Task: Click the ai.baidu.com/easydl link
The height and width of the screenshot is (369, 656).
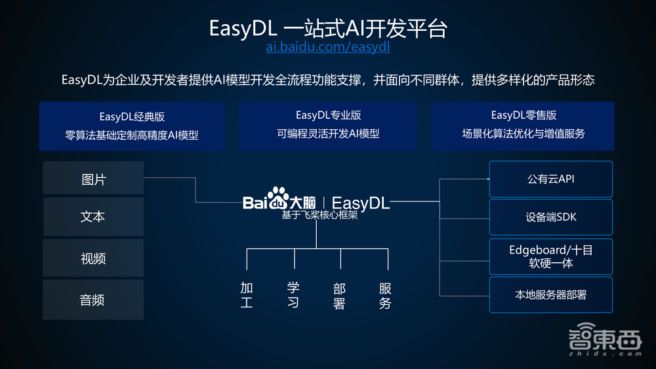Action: [x=329, y=47]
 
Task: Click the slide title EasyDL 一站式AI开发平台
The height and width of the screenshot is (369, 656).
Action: [x=329, y=28]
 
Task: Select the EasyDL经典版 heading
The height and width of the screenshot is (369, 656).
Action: [x=132, y=117]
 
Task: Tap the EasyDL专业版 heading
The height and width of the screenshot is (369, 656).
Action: [x=328, y=115]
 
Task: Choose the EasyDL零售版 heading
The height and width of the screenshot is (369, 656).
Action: [x=523, y=115]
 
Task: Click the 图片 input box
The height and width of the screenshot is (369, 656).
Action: [x=93, y=179]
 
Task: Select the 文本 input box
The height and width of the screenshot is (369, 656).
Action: [x=93, y=217]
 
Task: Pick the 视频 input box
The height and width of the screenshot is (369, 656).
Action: [x=93, y=259]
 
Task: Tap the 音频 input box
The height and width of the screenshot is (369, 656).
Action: [x=93, y=300]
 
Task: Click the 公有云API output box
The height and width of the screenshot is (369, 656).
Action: [x=551, y=179]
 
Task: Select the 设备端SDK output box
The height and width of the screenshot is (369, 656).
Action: [x=551, y=217]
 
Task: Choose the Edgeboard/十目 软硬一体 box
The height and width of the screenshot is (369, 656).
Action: [x=551, y=256]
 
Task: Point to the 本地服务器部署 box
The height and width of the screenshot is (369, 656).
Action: [x=551, y=295]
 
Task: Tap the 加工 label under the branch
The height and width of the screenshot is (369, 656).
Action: [x=247, y=296]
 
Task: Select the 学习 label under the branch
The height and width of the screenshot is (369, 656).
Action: [x=293, y=296]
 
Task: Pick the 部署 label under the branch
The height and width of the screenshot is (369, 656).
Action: [x=339, y=296]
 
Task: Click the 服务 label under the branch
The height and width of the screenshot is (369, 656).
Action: [x=386, y=296]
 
